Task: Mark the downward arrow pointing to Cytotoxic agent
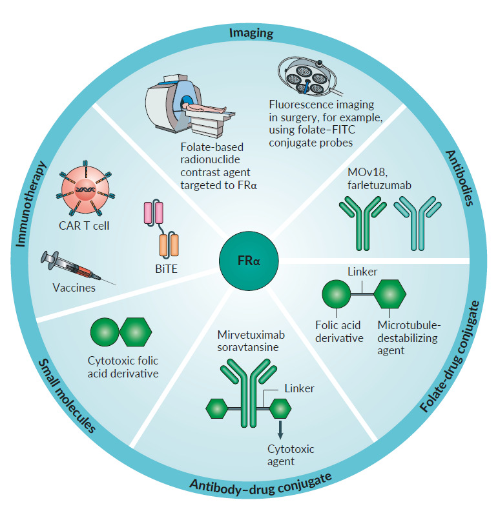tap(280, 432)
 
